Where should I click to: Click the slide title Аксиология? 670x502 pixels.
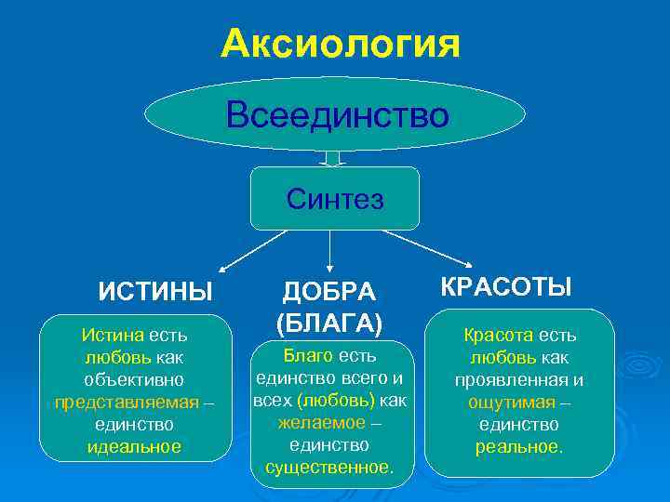[x=341, y=44]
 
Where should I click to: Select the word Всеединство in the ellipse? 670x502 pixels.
[x=338, y=116]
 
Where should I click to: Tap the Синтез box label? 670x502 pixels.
[x=335, y=198]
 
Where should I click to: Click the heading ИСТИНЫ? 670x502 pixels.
[x=156, y=290]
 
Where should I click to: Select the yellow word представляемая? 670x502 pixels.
[x=127, y=402]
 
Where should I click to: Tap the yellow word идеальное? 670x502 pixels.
[x=134, y=446]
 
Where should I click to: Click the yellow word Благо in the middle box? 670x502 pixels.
[x=305, y=356]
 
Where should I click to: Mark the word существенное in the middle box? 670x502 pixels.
[x=329, y=468]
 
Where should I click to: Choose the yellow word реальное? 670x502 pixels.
[x=518, y=446]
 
